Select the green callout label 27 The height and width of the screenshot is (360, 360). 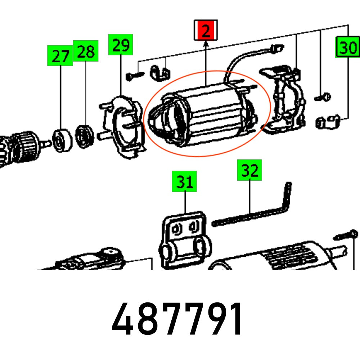coord(60,55)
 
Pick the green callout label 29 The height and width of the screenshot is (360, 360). coord(121,45)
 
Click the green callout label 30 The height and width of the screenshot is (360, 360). coord(347,47)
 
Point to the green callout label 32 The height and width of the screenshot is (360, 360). coord(249,170)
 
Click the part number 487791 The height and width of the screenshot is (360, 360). coord(177,319)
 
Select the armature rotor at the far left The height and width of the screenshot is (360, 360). coord(18,144)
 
